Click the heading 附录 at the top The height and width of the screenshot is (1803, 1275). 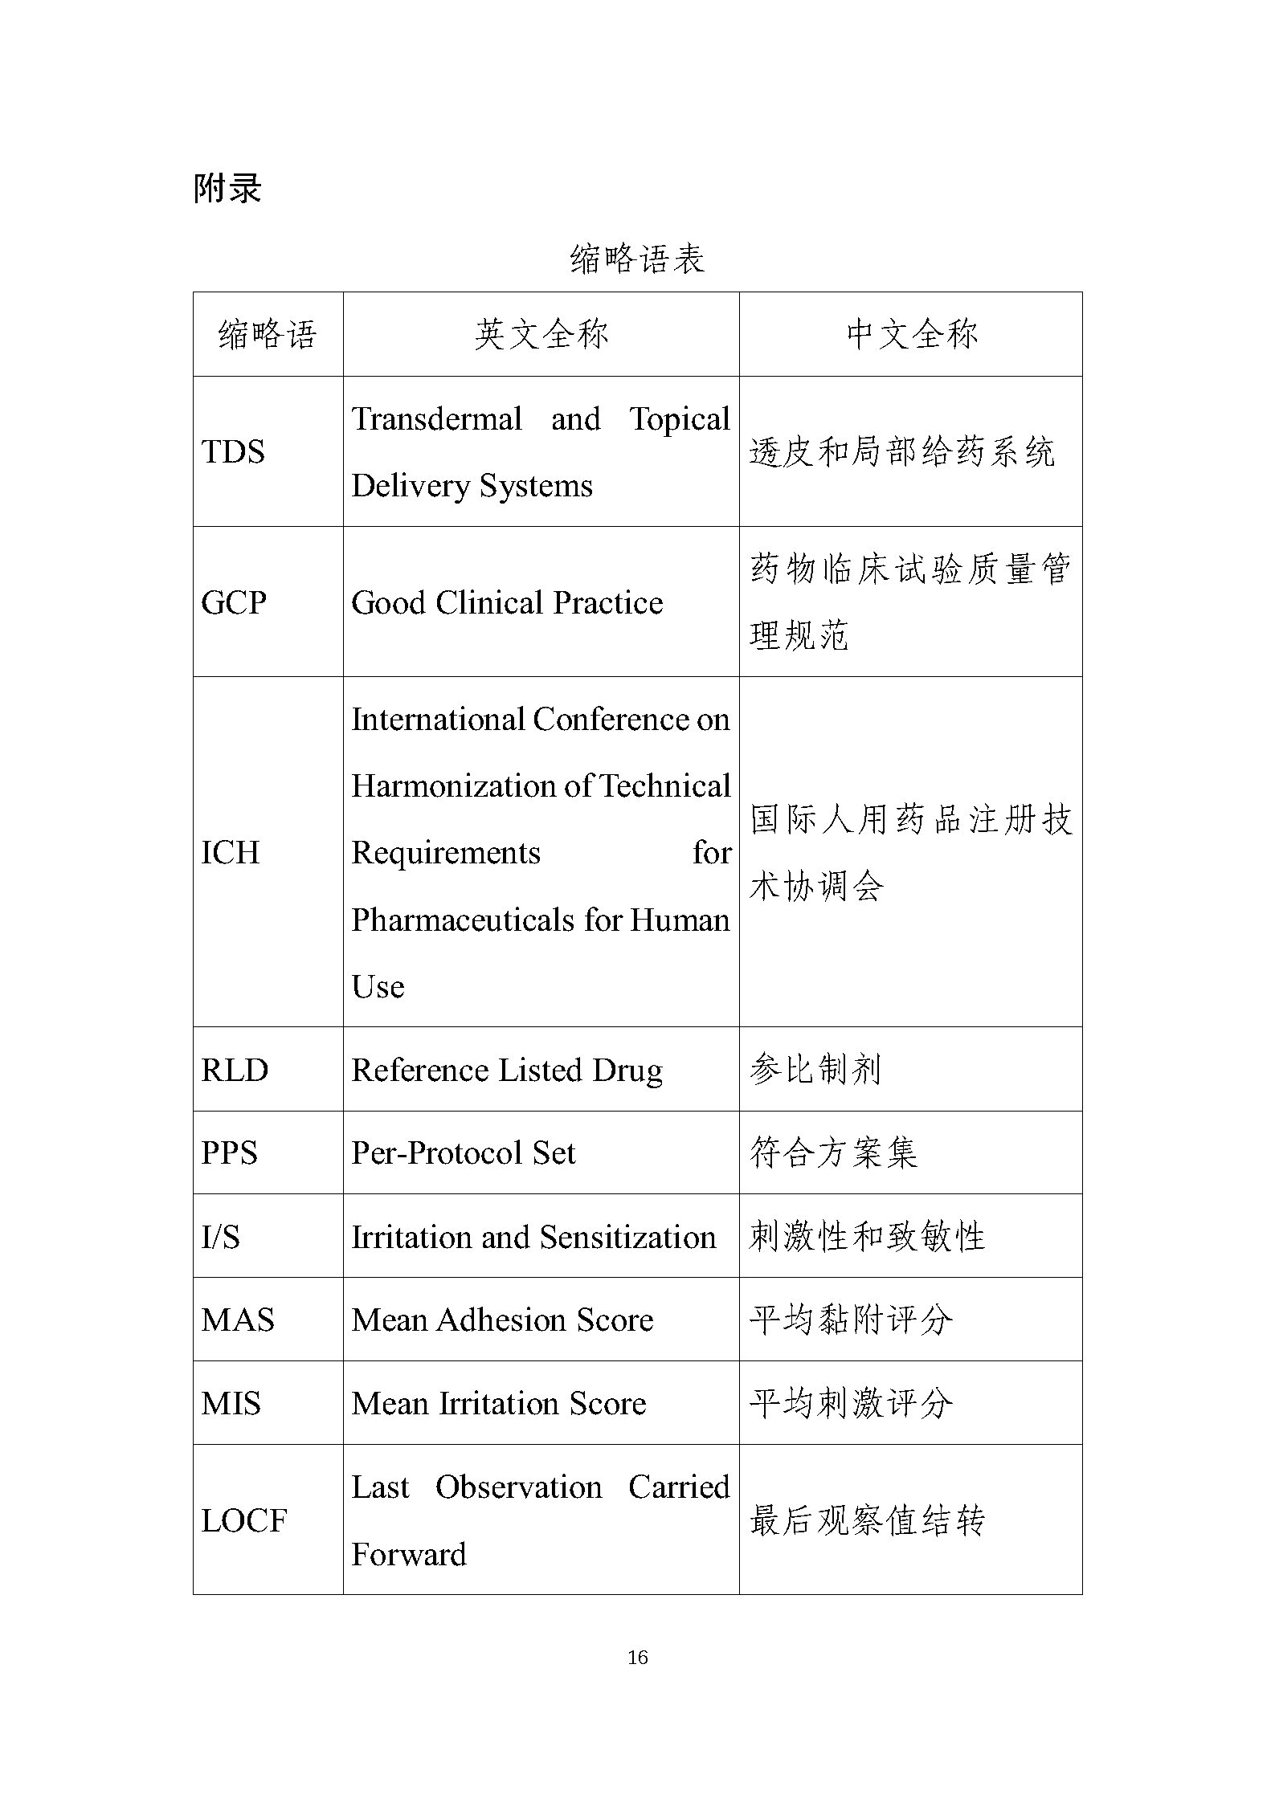tap(227, 189)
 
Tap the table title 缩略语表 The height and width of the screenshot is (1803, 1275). tap(637, 259)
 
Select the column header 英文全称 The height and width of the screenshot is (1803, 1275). tap(541, 334)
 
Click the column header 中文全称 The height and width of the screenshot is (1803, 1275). tap(911, 334)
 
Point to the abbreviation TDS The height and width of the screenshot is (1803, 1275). tap(233, 451)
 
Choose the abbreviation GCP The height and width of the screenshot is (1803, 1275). tap(234, 602)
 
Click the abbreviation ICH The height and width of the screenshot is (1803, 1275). tap(231, 852)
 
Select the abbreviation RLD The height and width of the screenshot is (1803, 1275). tap(235, 1070)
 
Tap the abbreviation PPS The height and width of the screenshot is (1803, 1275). tap(230, 1153)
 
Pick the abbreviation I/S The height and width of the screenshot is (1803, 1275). tap(221, 1237)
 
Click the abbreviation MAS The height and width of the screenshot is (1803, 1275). tap(238, 1320)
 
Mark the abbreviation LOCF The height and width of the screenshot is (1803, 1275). tap(244, 1520)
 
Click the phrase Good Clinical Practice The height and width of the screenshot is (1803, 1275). tap(507, 602)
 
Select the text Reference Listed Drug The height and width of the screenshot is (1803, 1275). tap(507, 1070)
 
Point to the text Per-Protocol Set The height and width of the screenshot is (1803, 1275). tap(464, 1153)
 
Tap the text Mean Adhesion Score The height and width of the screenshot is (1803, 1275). tap(502, 1320)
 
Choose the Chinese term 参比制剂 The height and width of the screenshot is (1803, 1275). tap(815, 1070)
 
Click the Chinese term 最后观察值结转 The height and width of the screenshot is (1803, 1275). tap(867, 1520)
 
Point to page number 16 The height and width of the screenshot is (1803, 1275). tap(637, 1657)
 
